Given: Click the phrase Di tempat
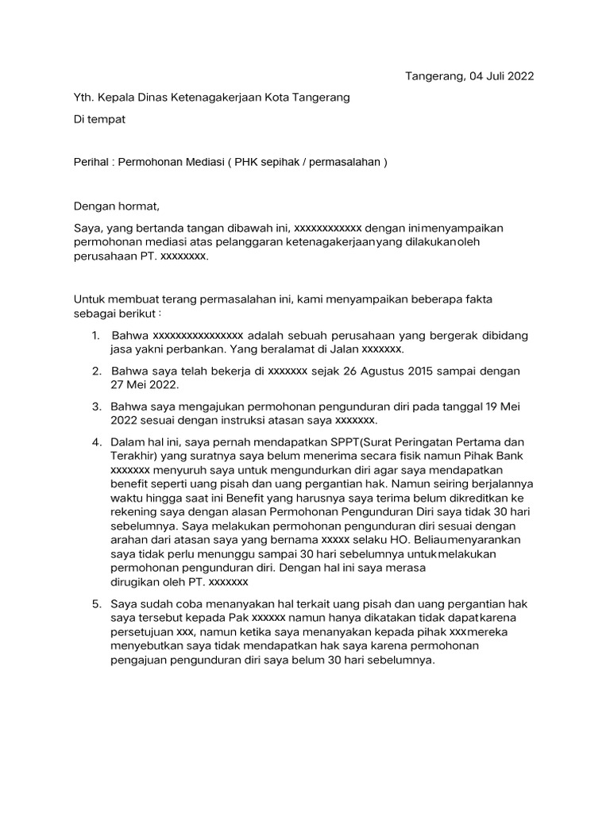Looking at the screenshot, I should (x=99, y=119).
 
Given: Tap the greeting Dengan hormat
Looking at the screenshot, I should (x=117, y=207).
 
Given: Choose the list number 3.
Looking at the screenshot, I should (x=96, y=406).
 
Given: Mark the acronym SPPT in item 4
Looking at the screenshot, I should (x=338, y=441).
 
